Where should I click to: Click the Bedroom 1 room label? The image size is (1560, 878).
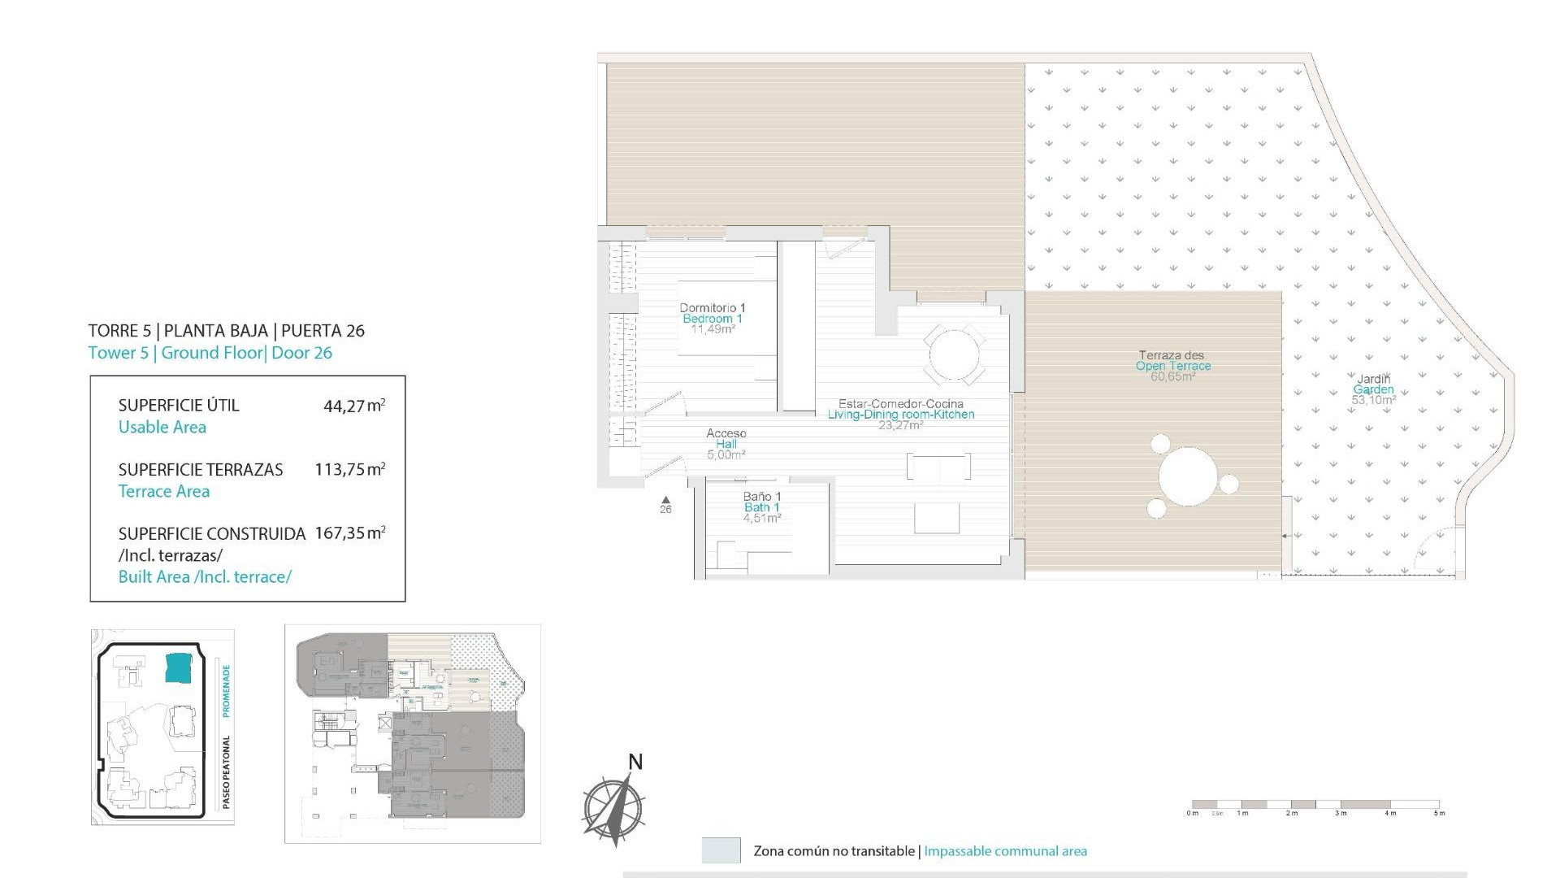pyautogui.click(x=712, y=319)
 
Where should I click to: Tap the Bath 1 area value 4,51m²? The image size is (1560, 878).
pyautogui.click(x=761, y=518)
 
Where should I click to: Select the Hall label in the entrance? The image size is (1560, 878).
pyautogui.click(x=726, y=444)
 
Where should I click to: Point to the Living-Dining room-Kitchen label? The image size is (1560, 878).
pyautogui.click(x=900, y=415)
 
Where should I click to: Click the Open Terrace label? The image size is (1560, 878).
pyautogui.click(x=1172, y=366)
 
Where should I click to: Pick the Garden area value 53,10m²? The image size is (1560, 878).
pyautogui.click(x=1373, y=400)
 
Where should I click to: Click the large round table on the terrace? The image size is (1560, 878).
pyautogui.click(x=1188, y=476)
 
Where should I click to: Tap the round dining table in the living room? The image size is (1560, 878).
pyautogui.click(x=955, y=354)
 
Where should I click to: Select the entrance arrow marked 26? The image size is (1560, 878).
pyautogui.click(x=665, y=501)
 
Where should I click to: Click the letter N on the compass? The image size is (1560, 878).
pyautogui.click(x=635, y=762)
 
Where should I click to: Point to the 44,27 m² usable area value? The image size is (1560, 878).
pyautogui.click(x=353, y=406)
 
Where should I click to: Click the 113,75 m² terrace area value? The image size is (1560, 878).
pyautogui.click(x=349, y=469)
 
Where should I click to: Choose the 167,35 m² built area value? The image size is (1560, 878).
pyautogui.click(x=349, y=533)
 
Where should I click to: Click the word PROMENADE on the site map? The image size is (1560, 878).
pyautogui.click(x=226, y=691)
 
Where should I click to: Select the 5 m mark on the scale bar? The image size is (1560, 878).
pyautogui.click(x=1439, y=813)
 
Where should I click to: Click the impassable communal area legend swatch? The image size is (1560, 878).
pyautogui.click(x=721, y=850)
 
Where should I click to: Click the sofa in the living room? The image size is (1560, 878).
pyautogui.click(x=938, y=467)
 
